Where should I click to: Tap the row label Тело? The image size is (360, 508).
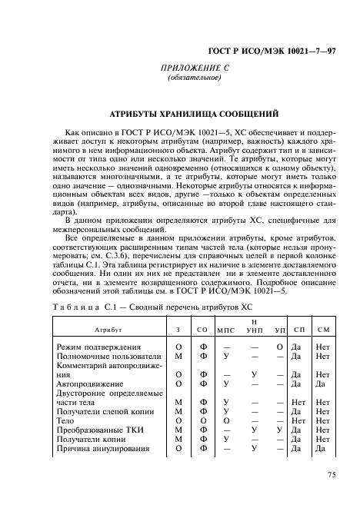click(x=67, y=422)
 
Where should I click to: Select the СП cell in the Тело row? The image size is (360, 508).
click(x=298, y=422)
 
